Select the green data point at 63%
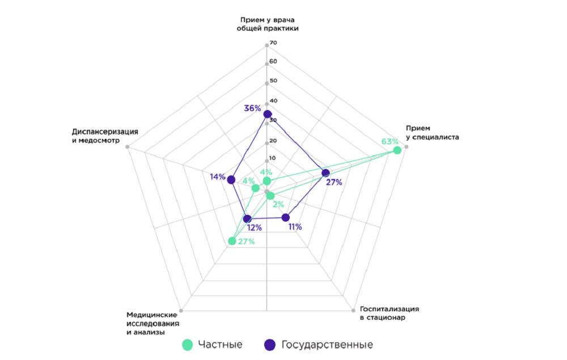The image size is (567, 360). pyautogui.click(x=397, y=150)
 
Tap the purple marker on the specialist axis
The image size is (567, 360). pyautogui.click(x=325, y=172)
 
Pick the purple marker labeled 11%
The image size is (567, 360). pyautogui.click(x=286, y=217)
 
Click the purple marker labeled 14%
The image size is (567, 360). pyautogui.click(x=231, y=180)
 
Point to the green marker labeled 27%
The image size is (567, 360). pyautogui.click(x=231, y=241)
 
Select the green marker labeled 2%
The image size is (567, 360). pyautogui.click(x=270, y=196)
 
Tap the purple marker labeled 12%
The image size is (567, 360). pyautogui.click(x=247, y=218)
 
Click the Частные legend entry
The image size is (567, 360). pyautogui.click(x=213, y=344)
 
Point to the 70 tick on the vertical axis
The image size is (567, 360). pyautogui.click(x=273, y=43)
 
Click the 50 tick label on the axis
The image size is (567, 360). pyautogui.click(x=273, y=81)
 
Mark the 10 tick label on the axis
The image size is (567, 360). pyautogui.click(x=273, y=158)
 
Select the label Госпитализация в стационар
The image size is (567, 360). pyautogui.click(x=390, y=313)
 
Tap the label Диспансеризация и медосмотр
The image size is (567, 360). pyautogui.click(x=105, y=135)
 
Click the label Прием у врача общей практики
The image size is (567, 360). pyautogui.click(x=267, y=24)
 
